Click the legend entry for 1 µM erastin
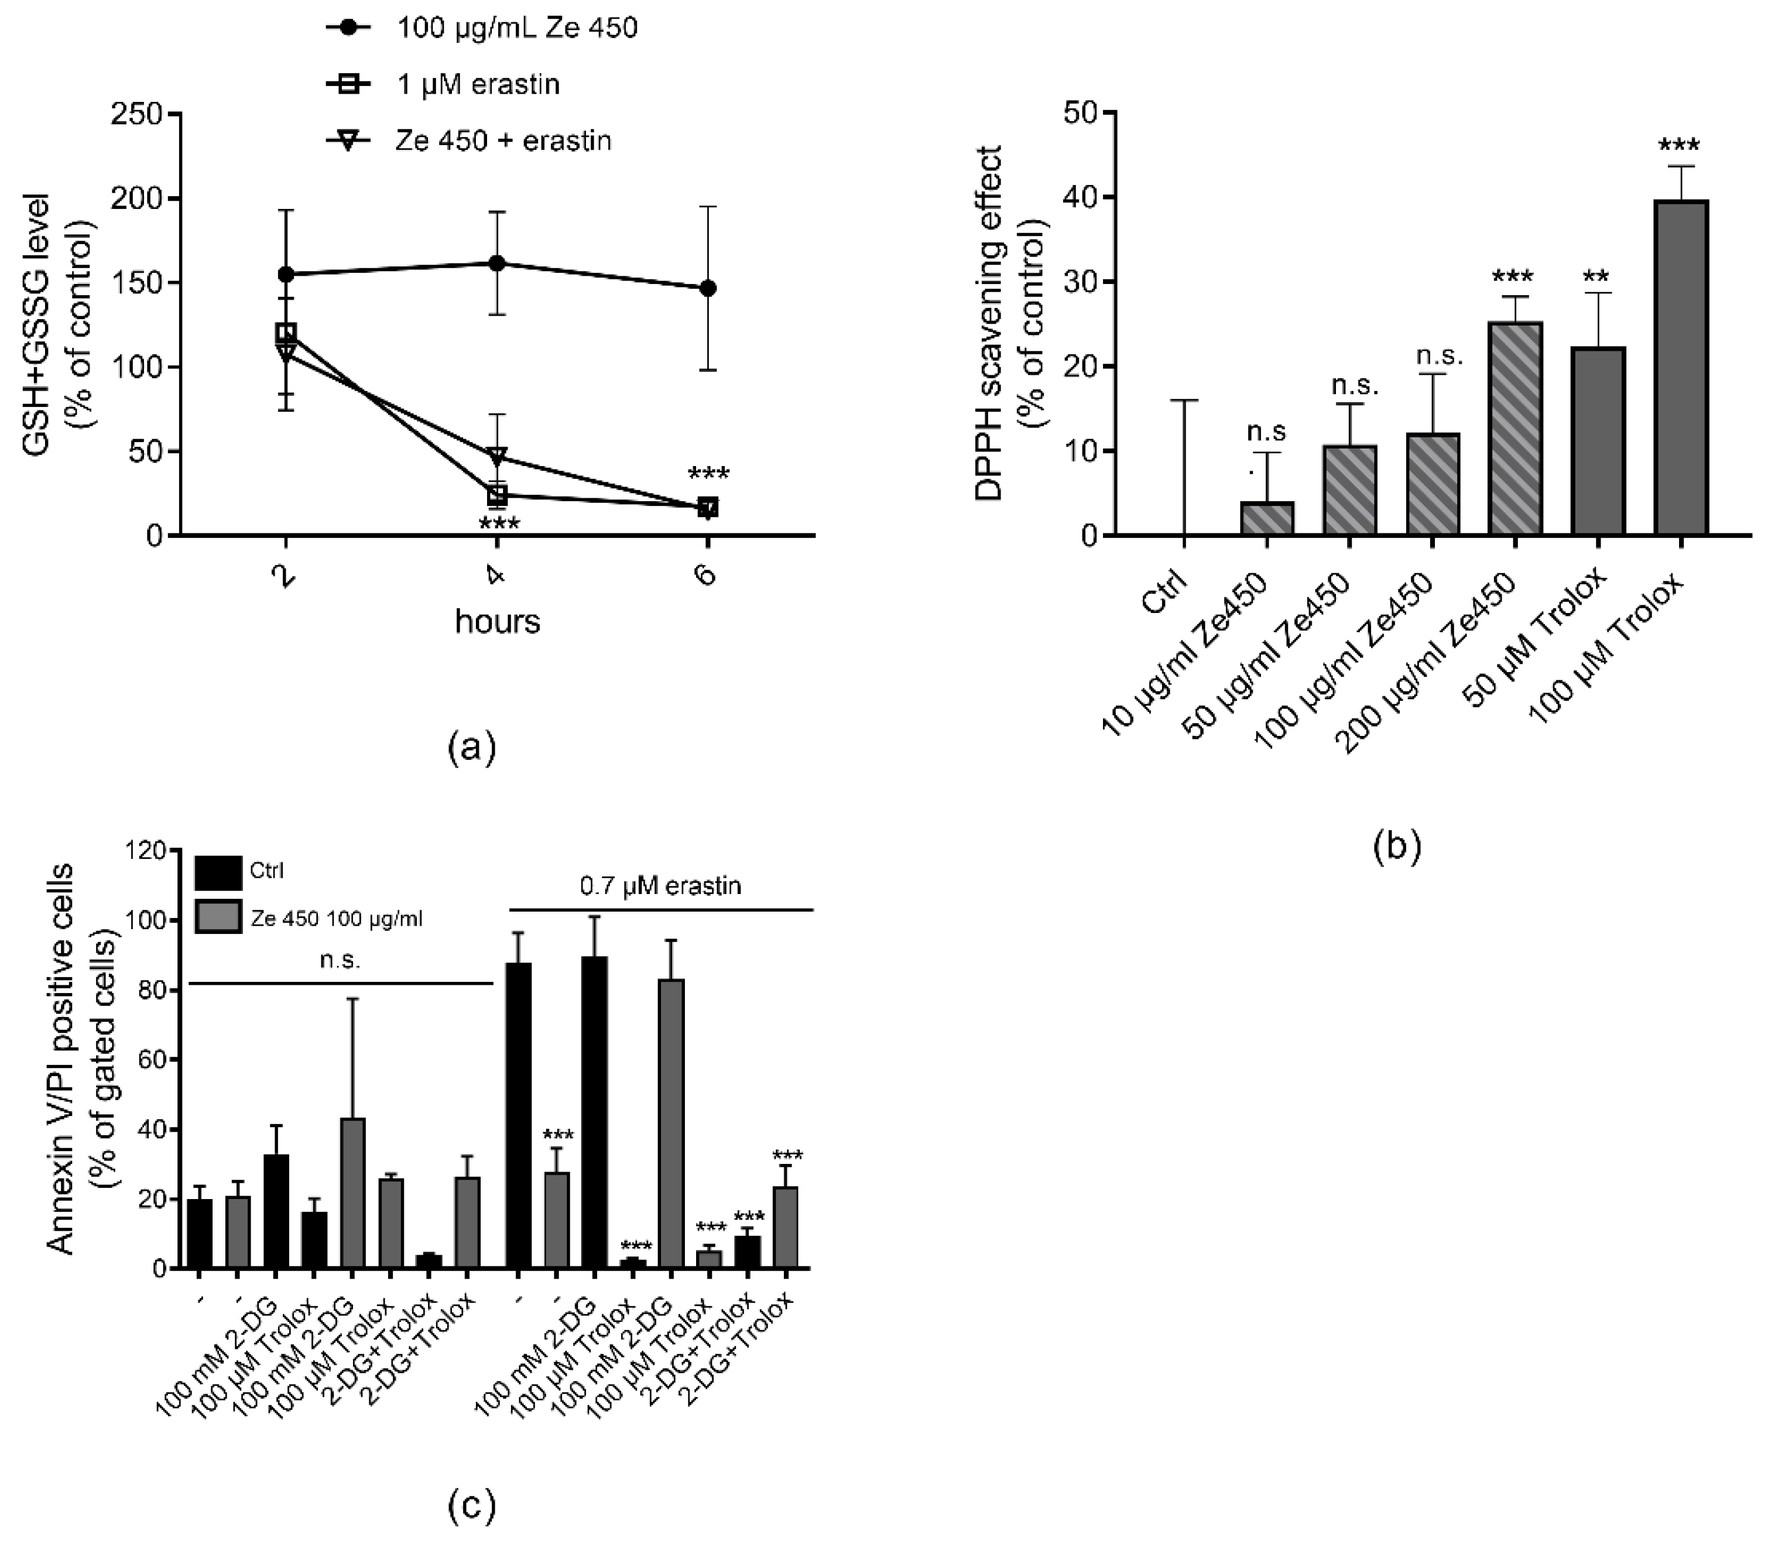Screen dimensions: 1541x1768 tap(478, 84)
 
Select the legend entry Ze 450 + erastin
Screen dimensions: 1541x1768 tap(503, 140)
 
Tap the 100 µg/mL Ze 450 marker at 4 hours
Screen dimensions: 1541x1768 tap(496, 263)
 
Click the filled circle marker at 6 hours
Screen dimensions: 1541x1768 tap(707, 288)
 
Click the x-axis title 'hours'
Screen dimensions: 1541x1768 tap(497, 621)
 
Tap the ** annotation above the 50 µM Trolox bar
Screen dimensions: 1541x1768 tap(1598, 278)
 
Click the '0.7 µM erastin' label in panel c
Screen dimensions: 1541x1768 tap(660, 886)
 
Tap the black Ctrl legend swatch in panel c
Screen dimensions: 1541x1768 tap(218, 871)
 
